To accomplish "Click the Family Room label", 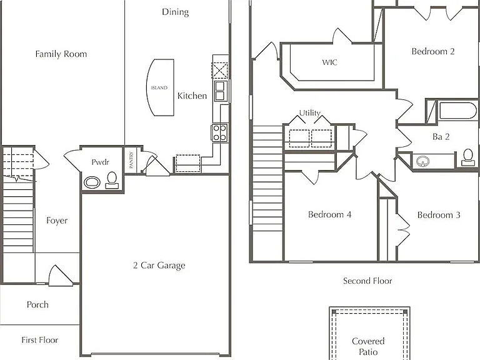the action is click(61, 54).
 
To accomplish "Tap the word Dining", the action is click(175, 12).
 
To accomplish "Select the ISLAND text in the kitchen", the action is click(159, 88).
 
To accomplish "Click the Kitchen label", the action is click(192, 96).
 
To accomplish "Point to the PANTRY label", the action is click(131, 160).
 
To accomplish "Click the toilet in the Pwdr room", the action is click(112, 180).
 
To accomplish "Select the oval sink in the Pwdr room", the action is click(92, 182).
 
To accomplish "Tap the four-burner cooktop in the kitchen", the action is click(219, 132).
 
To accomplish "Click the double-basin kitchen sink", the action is click(220, 91).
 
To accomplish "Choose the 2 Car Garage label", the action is click(159, 266).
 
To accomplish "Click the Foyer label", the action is click(57, 221).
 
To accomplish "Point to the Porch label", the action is click(37, 304).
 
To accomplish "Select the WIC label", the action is click(330, 62).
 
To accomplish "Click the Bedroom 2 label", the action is click(433, 51).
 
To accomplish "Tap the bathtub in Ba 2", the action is click(457, 111).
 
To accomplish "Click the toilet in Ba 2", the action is click(467, 157).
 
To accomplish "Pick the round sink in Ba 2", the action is click(422, 161).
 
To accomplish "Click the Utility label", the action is click(310, 113).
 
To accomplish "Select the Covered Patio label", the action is click(368, 346).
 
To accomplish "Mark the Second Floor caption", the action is click(367, 281).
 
